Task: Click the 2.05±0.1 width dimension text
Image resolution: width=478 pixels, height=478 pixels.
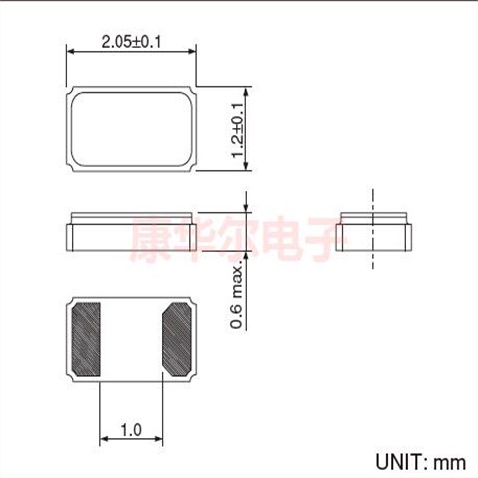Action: click(x=131, y=42)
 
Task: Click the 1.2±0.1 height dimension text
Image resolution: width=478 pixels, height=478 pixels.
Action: click(x=238, y=130)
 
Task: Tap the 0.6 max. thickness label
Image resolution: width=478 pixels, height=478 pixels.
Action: click(x=237, y=297)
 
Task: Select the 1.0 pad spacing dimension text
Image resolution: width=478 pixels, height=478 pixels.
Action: click(x=131, y=430)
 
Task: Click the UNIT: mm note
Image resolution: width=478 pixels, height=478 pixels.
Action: click(x=420, y=462)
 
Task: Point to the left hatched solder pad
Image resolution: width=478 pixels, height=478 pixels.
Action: click(x=86, y=340)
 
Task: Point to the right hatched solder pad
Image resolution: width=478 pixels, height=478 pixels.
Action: click(x=177, y=340)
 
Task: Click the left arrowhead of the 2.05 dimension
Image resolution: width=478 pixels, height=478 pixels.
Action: click(x=70, y=52)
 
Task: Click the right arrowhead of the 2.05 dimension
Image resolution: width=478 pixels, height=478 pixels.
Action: click(x=193, y=52)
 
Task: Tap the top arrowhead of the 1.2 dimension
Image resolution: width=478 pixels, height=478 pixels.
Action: click(x=246, y=91)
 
